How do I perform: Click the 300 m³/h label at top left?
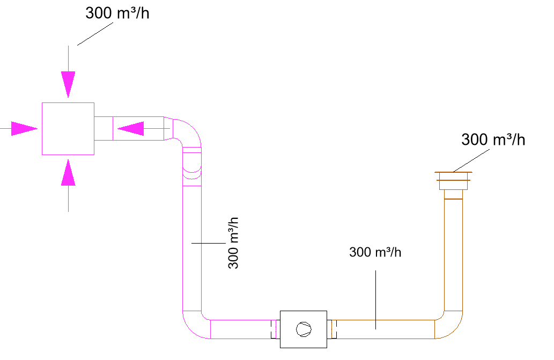117,14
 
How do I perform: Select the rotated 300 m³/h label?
233,243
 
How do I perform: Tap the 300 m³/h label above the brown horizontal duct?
375,252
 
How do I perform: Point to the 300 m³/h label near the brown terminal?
493,140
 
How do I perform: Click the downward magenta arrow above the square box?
68,83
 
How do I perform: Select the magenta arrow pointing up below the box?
68,173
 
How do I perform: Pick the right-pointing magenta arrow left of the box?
24,129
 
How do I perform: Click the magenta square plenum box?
68,129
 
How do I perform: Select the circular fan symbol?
304,329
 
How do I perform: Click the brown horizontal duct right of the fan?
383,329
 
